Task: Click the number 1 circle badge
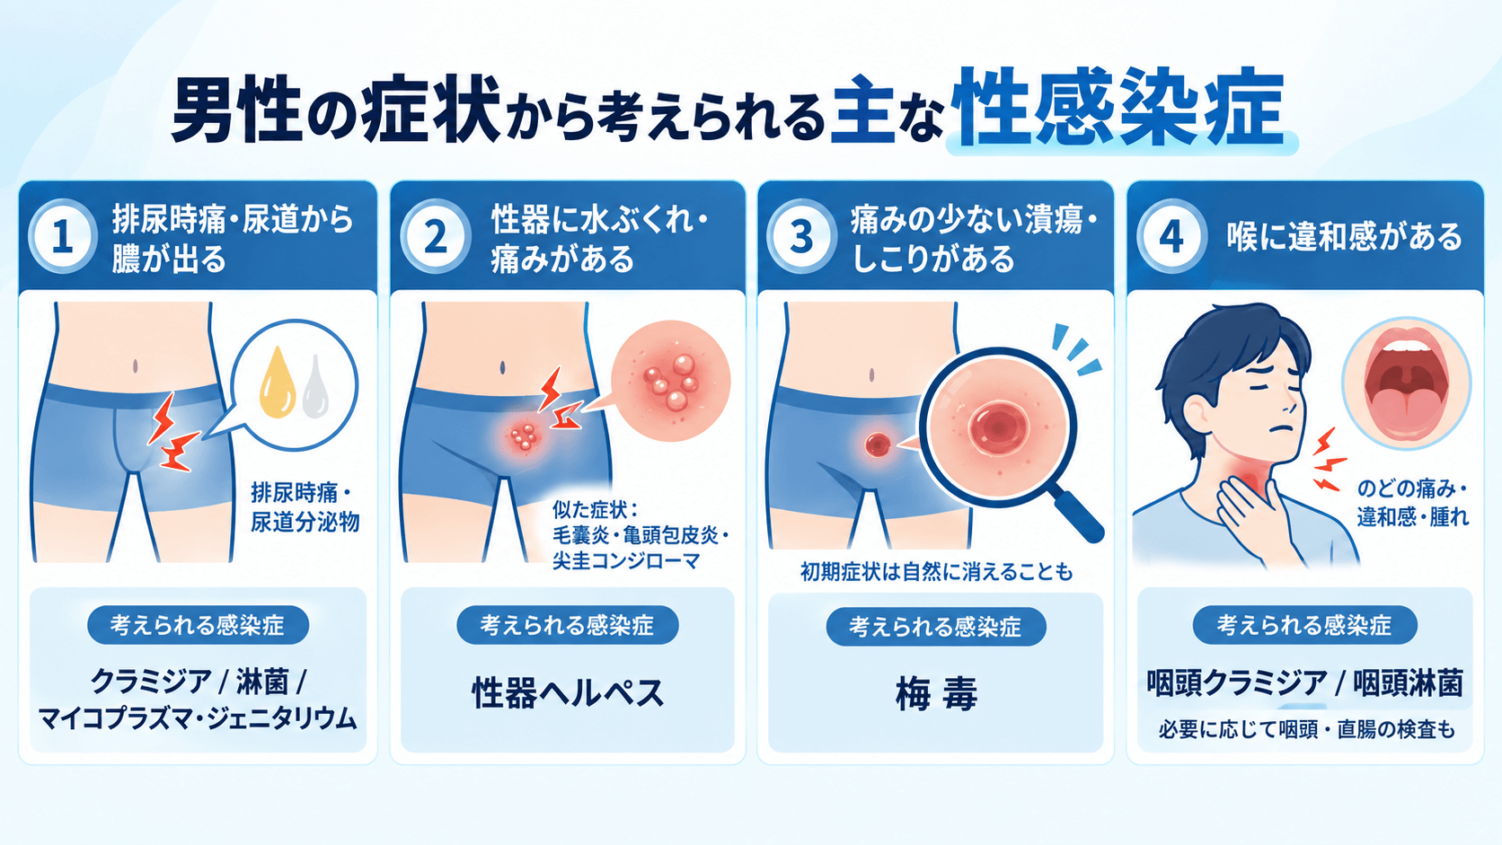click(x=63, y=236)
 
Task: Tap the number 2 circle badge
click(x=435, y=236)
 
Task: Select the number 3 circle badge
click(x=801, y=236)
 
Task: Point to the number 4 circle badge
click(x=1171, y=236)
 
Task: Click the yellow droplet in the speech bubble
click(x=278, y=383)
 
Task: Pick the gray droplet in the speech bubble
click(x=315, y=387)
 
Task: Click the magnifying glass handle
click(x=1077, y=517)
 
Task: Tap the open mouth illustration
click(x=1407, y=383)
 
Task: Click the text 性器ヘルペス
click(x=568, y=693)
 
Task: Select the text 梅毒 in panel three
click(x=936, y=694)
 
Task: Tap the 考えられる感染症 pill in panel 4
click(x=1305, y=625)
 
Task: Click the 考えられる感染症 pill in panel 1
click(x=198, y=625)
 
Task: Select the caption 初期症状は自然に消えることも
click(x=936, y=572)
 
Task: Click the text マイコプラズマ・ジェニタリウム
click(x=198, y=719)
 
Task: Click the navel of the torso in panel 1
click(x=136, y=365)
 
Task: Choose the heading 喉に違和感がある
click(x=1344, y=237)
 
